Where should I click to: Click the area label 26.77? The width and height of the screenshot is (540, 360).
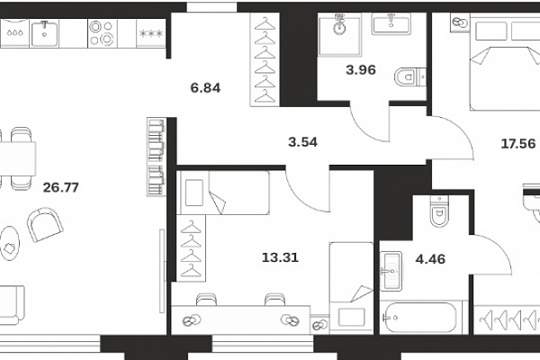(x=61, y=187)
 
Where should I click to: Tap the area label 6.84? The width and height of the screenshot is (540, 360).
(x=205, y=88)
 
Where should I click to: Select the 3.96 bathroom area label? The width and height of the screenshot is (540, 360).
(x=361, y=70)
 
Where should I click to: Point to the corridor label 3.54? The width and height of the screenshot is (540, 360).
(x=302, y=142)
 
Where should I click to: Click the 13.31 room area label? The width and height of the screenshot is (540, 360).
(x=280, y=257)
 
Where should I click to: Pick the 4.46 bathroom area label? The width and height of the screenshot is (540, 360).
(x=430, y=258)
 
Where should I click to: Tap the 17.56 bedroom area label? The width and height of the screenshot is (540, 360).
(x=518, y=143)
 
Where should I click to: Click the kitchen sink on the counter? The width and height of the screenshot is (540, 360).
(x=44, y=33)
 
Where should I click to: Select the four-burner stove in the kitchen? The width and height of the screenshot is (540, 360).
(x=102, y=33)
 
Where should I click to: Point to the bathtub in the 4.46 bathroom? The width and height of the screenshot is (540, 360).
(x=421, y=318)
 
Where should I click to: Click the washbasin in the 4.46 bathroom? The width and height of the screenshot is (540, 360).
(x=391, y=271)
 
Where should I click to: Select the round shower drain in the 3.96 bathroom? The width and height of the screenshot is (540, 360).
(x=339, y=28)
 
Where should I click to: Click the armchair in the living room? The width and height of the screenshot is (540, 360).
(x=45, y=224)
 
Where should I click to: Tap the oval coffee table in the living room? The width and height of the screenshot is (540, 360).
(x=9, y=243)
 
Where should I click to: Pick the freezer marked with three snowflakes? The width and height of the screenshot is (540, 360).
(x=151, y=33)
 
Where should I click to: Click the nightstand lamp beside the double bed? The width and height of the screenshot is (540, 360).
(x=461, y=22)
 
